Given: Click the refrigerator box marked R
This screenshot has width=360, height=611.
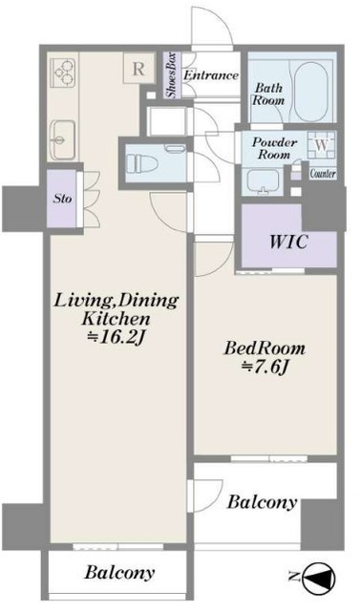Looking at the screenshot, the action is pos(138,68).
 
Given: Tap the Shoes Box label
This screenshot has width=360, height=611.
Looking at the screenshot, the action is pos(172,75).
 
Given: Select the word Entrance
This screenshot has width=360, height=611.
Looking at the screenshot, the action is pos(211,75).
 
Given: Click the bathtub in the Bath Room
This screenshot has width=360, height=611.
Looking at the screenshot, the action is pos(310,92).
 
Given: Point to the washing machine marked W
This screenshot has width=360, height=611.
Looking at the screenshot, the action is pos(322,145).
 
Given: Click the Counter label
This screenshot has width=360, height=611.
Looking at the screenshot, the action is pos(323,174).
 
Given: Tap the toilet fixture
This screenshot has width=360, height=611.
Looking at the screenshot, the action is pos(142,162).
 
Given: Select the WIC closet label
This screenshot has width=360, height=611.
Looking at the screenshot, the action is pos(289,242).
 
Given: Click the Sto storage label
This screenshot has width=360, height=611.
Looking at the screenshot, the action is pos(63,199).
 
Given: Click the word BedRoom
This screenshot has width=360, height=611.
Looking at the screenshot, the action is pos(265,348).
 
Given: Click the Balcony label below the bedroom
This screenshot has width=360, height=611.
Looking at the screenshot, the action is pos(262,502).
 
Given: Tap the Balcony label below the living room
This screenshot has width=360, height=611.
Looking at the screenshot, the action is pos(119,573).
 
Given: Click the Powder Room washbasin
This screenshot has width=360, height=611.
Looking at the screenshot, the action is pos(264,181).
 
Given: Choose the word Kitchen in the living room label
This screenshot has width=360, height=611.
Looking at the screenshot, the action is pos(116,319).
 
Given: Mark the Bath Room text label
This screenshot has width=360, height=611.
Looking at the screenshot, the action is pos(268,94).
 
